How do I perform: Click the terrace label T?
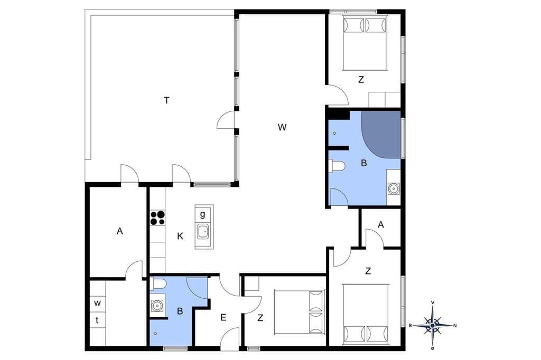(166, 100)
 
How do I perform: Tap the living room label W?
(282, 127)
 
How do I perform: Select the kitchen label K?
(180, 236)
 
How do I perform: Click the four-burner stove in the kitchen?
(157, 218)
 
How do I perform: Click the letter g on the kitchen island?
(202, 214)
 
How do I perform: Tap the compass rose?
(432, 325)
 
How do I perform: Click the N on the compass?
(455, 325)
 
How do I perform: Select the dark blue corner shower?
(381, 135)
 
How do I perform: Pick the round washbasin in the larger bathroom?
(393, 188)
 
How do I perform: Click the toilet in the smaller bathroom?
(158, 284)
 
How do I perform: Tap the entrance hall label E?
(223, 318)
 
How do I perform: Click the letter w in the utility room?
(98, 303)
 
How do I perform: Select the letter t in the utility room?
(97, 320)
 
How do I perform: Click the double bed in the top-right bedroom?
(365, 42)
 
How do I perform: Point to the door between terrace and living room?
(226, 120)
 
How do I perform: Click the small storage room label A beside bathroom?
(381, 225)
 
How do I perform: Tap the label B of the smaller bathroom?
(180, 311)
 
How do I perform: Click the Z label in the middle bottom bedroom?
(260, 318)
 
